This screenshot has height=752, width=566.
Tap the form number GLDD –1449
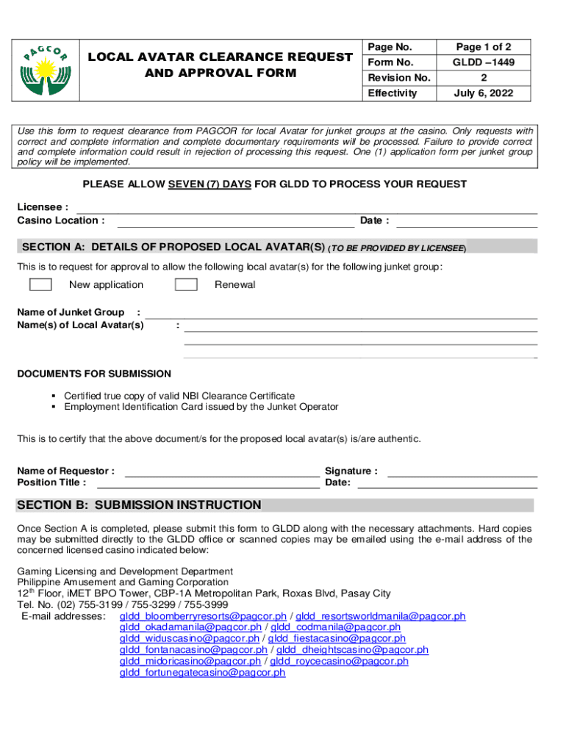pyautogui.click(x=483, y=62)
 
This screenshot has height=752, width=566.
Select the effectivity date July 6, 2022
pyautogui.click(x=483, y=93)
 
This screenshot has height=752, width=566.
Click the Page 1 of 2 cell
pyautogui.click(x=483, y=47)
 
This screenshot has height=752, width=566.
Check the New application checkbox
pyautogui.click(x=40, y=285)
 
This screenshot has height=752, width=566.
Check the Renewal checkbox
pyautogui.click(x=186, y=285)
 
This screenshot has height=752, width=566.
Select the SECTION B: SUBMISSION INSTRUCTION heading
pyautogui.click(x=139, y=505)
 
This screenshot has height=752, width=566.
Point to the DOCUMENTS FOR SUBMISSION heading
pyautogui.click(x=94, y=374)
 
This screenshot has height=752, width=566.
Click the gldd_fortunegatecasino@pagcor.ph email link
pyautogui.click(x=202, y=672)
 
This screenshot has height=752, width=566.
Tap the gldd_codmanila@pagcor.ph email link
pyautogui.click(x=335, y=627)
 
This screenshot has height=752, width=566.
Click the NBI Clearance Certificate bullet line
pyautogui.click(x=179, y=396)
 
